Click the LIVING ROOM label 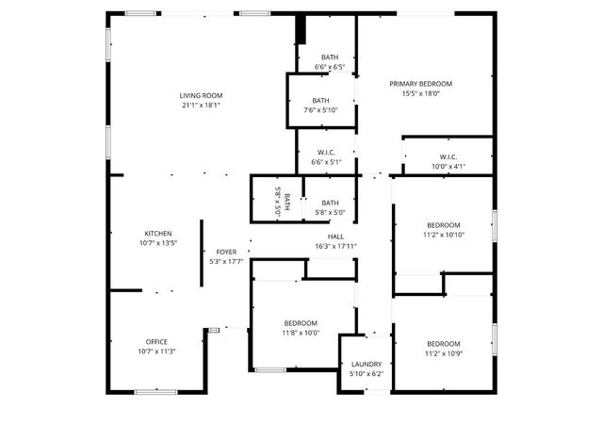coord(201,95)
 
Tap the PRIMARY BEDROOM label coord(421,84)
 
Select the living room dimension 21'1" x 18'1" coord(201,106)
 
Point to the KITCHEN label coord(157,234)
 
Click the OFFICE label coord(156,341)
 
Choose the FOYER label coord(226,252)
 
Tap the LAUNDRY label coord(367,365)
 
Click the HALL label coord(336,237)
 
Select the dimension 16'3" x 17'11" coord(336,247)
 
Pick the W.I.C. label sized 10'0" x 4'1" coord(448,156)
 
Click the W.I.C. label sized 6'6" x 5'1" coord(327,152)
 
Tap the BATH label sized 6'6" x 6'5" coord(330,57)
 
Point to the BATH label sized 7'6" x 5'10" coord(321,101)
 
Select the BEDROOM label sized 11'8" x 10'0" coord(301,322)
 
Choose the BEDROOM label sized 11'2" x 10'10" coord(443,224)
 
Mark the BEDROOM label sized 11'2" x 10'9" coord(443,343)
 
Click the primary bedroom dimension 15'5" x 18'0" coord(421,94)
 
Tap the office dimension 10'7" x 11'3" coord(156,351)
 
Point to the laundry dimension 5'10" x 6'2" coord(367,375)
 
